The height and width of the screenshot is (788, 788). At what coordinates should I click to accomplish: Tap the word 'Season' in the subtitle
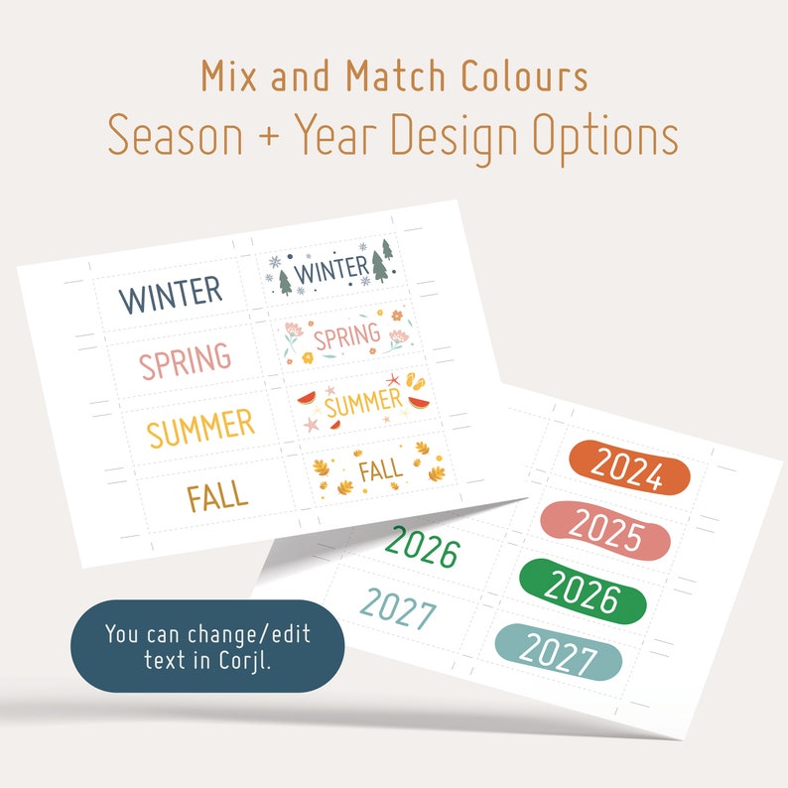pyautogui.click(x=175, y=136)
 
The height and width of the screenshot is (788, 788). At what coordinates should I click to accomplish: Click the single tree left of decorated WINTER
pyautogui.click(x=286, y=282)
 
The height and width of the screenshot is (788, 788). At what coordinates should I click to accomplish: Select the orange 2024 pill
pyautogui.click(x=629, y=469)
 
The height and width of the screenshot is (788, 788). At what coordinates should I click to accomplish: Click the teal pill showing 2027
pyautogui.click(x=559, y=653)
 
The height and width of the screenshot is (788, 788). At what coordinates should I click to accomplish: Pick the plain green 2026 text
pyautogui.click(x=423, y=546)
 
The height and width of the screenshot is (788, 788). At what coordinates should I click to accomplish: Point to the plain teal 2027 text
pyautogui.click(x=398, y=608)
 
